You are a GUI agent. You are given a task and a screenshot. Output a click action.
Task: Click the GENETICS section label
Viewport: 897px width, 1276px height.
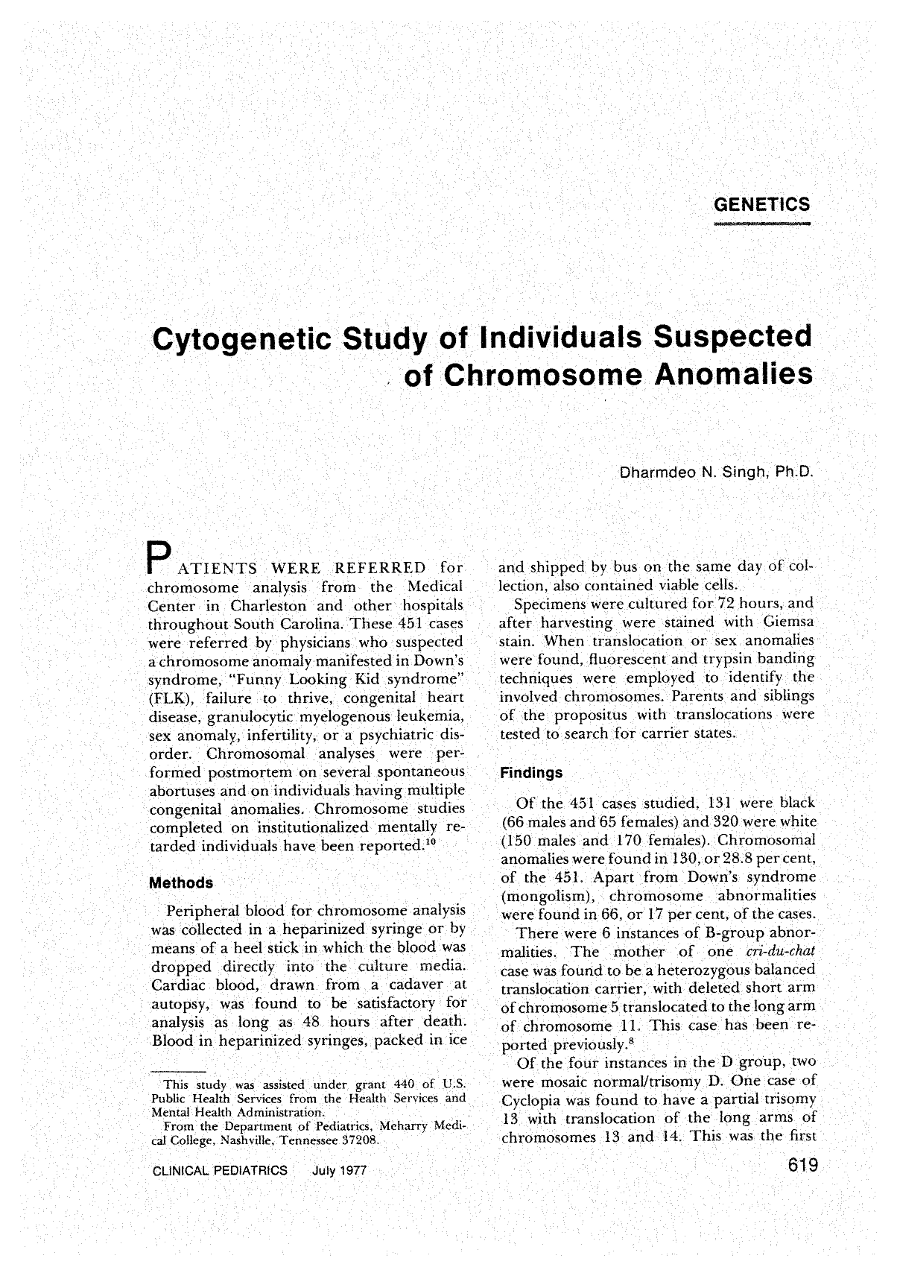click(761, 203)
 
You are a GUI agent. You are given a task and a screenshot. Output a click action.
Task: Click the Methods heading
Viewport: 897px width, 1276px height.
click(181, 883)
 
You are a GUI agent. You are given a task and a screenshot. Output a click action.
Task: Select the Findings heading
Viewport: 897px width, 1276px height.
click(530, 773)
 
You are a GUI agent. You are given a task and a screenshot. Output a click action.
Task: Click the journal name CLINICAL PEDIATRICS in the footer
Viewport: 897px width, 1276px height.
click(219, 1171)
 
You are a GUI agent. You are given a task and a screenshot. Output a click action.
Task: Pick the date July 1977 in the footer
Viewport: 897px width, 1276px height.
click(340, 1171)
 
